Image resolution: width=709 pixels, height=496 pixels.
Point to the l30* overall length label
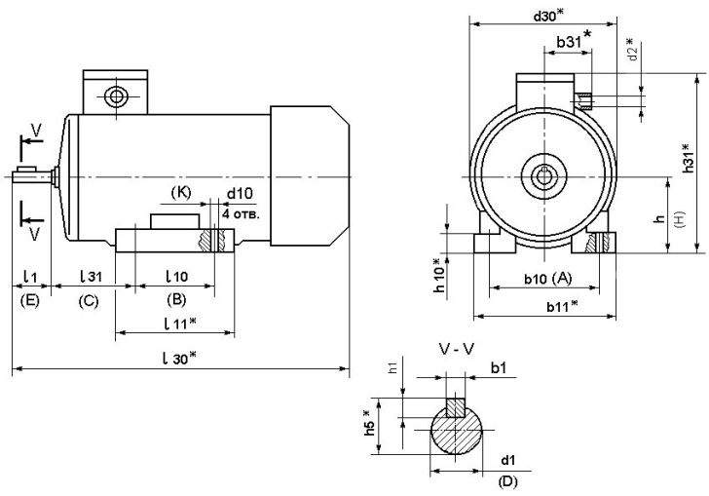(x=181, y=358)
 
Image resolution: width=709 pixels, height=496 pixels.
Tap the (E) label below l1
(x=29, y=301)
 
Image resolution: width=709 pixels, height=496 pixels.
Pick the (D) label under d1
(x=506, y=481)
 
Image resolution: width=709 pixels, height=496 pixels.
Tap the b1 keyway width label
(x=497, y=367)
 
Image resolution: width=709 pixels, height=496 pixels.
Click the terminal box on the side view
(x=116, y=95)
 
